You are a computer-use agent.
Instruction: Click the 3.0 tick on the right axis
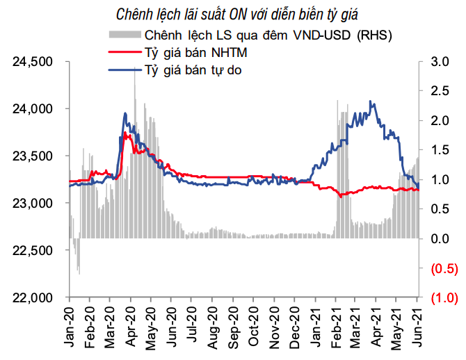point(439,62)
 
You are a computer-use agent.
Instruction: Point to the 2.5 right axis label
point(439,91)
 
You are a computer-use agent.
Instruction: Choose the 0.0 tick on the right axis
point(439,239)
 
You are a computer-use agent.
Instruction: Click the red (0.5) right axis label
point(443,268)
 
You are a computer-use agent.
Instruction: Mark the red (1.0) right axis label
point(443,297)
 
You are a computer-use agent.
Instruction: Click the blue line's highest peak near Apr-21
point(371,101)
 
